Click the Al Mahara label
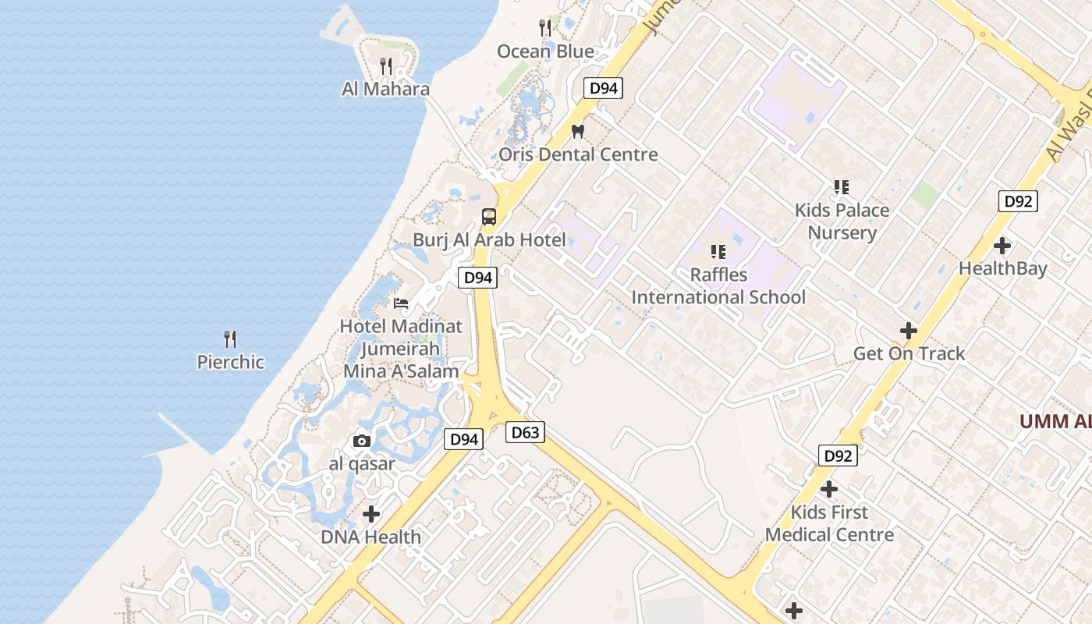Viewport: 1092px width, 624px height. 385,89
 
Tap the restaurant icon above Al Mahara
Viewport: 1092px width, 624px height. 385,66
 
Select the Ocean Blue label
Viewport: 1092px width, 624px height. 545,51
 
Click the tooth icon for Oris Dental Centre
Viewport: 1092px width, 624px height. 578,131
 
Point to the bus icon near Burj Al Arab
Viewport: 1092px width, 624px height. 489,216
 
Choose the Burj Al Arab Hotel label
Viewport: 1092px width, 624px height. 489,239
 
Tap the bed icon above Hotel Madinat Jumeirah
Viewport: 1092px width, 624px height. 401,303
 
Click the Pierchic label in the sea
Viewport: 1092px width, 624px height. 230,362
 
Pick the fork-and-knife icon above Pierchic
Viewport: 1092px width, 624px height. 230,339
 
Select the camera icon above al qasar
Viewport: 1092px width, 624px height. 361,441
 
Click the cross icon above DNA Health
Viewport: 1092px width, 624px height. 371,514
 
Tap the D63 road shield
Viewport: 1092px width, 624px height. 524,432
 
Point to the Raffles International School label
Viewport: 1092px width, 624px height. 718,286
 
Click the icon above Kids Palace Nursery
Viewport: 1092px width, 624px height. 841,186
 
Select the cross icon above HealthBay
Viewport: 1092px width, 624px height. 1002,246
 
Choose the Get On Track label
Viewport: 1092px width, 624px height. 909,353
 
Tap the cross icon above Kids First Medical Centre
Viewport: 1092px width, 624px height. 829,489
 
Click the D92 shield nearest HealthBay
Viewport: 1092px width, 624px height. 1018,201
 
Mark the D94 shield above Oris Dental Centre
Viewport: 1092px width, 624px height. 603,88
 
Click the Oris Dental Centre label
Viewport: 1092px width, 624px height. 578,154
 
